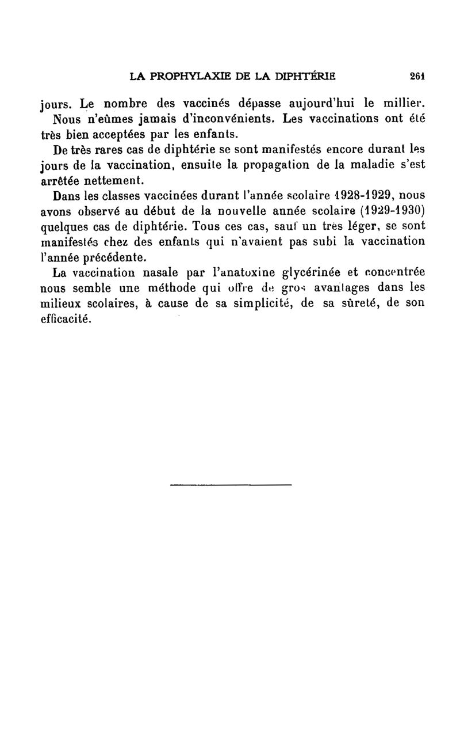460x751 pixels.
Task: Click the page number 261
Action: pos(417,75)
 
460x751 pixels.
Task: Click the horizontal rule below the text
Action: pos(231,485)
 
